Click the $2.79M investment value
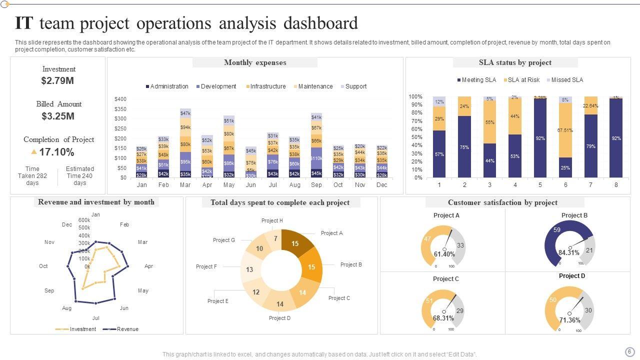[x=57, y=80]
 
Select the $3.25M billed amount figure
[x=58, y=116]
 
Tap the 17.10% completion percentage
[x=56, y=152]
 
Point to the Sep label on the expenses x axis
[x=316, y=185]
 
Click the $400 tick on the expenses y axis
[x=120, y=99]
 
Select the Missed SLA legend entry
[x=567, y=80]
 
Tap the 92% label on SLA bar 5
[x=540, y=138]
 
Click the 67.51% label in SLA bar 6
[x=565, y=130]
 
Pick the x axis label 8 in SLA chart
[x=616, y=185]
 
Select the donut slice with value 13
[x=249, y=269]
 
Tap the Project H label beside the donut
[x=272, y=220]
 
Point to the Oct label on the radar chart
[x=43, y=266]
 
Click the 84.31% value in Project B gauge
[x=569, y=252]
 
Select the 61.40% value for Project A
[x=444, y=254]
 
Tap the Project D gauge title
[x=572, y=276]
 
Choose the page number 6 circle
[x=629, y=351]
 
